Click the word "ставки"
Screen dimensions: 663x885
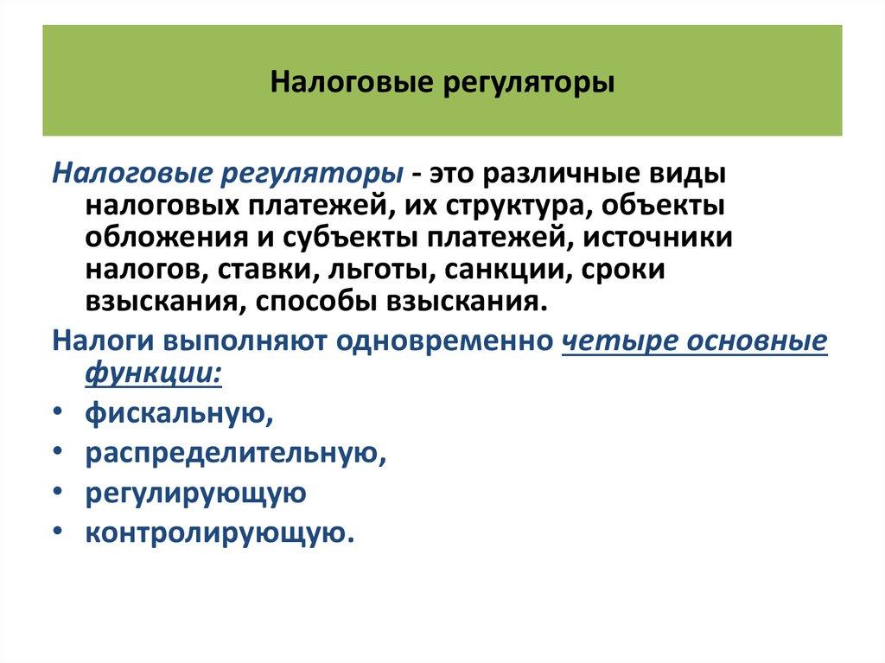coord(266,270)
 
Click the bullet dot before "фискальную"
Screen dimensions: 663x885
coord(56,414)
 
